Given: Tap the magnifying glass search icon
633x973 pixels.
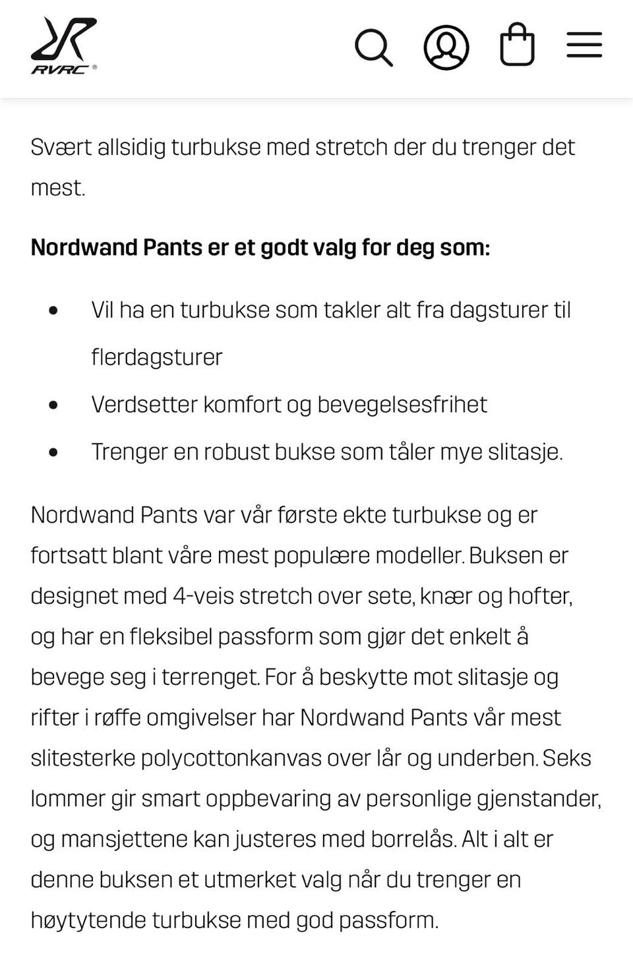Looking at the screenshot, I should coord(373,47).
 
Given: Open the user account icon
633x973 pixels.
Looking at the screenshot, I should coord(446,47).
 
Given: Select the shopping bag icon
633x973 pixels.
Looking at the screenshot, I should coord(517,45).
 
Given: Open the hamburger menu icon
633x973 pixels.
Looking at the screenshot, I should coord(584,45).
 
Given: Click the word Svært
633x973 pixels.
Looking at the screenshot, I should coord(61,147).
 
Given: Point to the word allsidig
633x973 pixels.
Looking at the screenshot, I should coord(131,147).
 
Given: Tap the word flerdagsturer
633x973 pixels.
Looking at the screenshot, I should coord(157,357).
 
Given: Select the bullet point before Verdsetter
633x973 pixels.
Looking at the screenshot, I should coord(53,405).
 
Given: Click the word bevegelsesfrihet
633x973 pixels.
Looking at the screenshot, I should coord(402,405).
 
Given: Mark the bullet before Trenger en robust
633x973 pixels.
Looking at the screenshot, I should coord(53,452).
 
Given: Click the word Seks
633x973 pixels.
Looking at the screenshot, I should coord(566,758).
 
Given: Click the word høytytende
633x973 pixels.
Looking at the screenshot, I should coord(88,920).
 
